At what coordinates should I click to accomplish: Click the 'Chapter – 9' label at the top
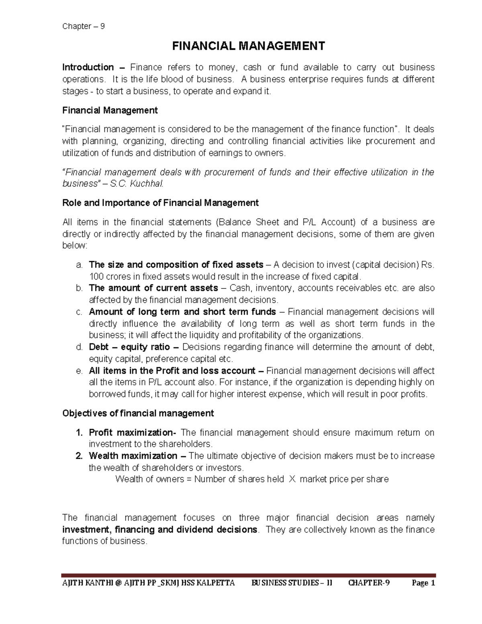click(x=83, y=27)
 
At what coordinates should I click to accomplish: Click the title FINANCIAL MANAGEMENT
click(x=248, y=46)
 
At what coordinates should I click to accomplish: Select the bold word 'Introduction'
click(x=88, y=68)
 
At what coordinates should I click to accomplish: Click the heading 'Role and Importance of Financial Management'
click(x=160, y=203)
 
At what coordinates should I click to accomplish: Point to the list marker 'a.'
click(x=79, y=265)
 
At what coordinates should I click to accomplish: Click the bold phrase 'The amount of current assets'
click(x=153, y=288)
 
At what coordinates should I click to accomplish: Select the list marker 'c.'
click(x=79, y=312)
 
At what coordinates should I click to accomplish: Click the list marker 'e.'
click(x=79, y=370)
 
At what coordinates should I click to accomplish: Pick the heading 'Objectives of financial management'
click(x=138, y=413)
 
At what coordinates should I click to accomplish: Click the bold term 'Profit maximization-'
click(x=132, y=433)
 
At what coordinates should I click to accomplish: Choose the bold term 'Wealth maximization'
click(x=133, y=456)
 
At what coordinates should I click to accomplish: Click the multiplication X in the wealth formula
click(x=292, y=479)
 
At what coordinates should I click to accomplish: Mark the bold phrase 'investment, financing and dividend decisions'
click(x=159, y=530)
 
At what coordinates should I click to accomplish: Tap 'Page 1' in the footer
click(x=423, y=583)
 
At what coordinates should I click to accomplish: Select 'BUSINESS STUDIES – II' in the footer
click(x=292, y=583)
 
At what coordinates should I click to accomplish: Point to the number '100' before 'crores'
click(x=96, y=276)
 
